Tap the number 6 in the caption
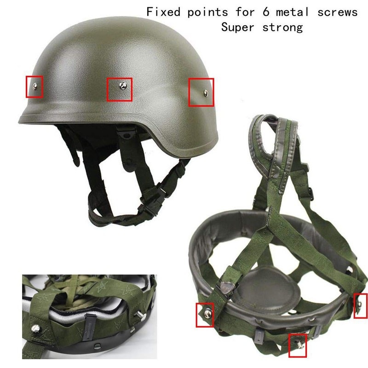tap(266, 12)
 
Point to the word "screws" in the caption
tap(338, 12)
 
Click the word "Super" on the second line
tap(237, 27)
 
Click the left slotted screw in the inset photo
tap(35, 327)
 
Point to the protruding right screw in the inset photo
tap(138, 313)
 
